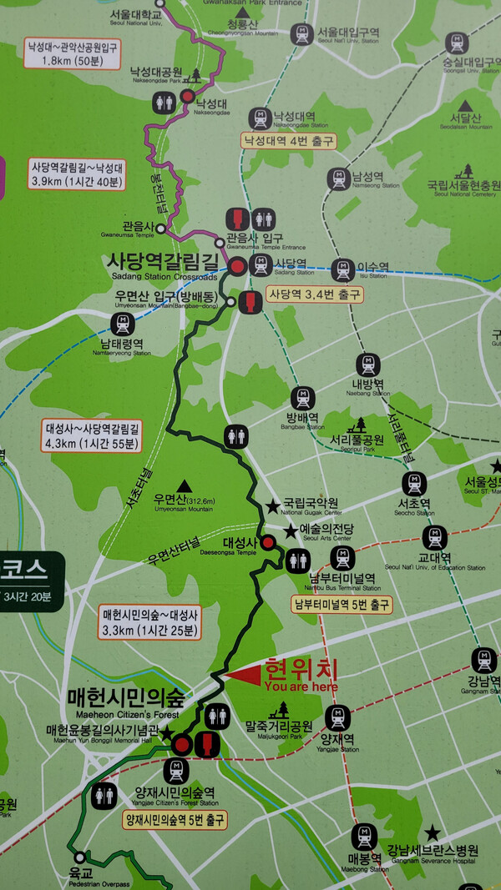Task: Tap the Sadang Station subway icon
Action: click(x=261, y=266)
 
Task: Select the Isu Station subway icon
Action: click(x=342, y=269)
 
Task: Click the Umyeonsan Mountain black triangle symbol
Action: click(x=183, y=485)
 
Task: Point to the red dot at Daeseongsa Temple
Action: click(x=267, y=543)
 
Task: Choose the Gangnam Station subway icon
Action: click(x=483, y=661)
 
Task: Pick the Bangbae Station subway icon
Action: click(x=302, y=399)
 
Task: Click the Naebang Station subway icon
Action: click(x=368, y=365)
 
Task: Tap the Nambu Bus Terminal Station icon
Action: click(x=342, y=558)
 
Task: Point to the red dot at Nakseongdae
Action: click(x=188, y=97)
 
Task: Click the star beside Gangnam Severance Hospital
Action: click(x=432, y=832)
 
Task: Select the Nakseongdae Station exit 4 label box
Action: click(x=288, y=141)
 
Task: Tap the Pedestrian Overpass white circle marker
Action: click(x=80, y=857)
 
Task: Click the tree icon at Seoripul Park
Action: click(x=361, y=424)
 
